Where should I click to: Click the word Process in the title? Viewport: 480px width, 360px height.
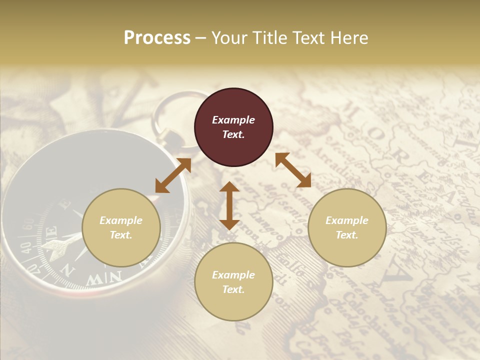click(157, 38)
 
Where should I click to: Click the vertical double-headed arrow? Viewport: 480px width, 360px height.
click(229, 205)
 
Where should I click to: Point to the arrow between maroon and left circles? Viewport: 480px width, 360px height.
click(173, 175)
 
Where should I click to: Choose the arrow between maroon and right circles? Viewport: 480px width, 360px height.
click(293, 170)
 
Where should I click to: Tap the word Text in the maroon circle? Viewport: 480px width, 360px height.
click(233, 134)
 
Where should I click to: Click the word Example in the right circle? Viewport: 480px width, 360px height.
click(347, 220)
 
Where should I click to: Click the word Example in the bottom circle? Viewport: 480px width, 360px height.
click(233, 275)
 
